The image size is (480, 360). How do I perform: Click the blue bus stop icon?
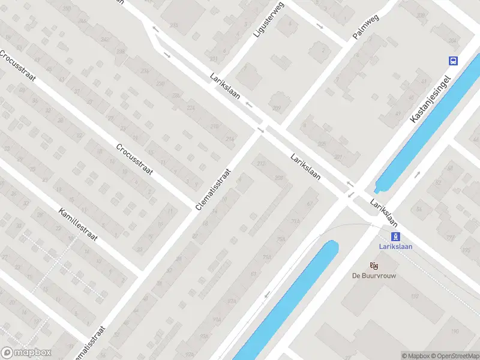(x=453, y=60)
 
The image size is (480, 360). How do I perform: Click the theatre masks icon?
(x=375, y=265)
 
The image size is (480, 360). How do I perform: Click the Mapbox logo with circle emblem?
(x=26, y=353)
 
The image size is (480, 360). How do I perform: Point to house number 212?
(x=261, y=164)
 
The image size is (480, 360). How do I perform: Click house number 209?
(x=276, y=108)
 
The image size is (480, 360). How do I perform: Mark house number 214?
(x=229, y=138)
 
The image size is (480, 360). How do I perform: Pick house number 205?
(x=321, y=144)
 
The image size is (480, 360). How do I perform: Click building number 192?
(x=414, y=296)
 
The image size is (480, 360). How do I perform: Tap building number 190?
(x=455, y=331)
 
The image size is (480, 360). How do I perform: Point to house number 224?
(x=191, y=108)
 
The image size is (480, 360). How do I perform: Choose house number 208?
(x=278, y=178)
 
